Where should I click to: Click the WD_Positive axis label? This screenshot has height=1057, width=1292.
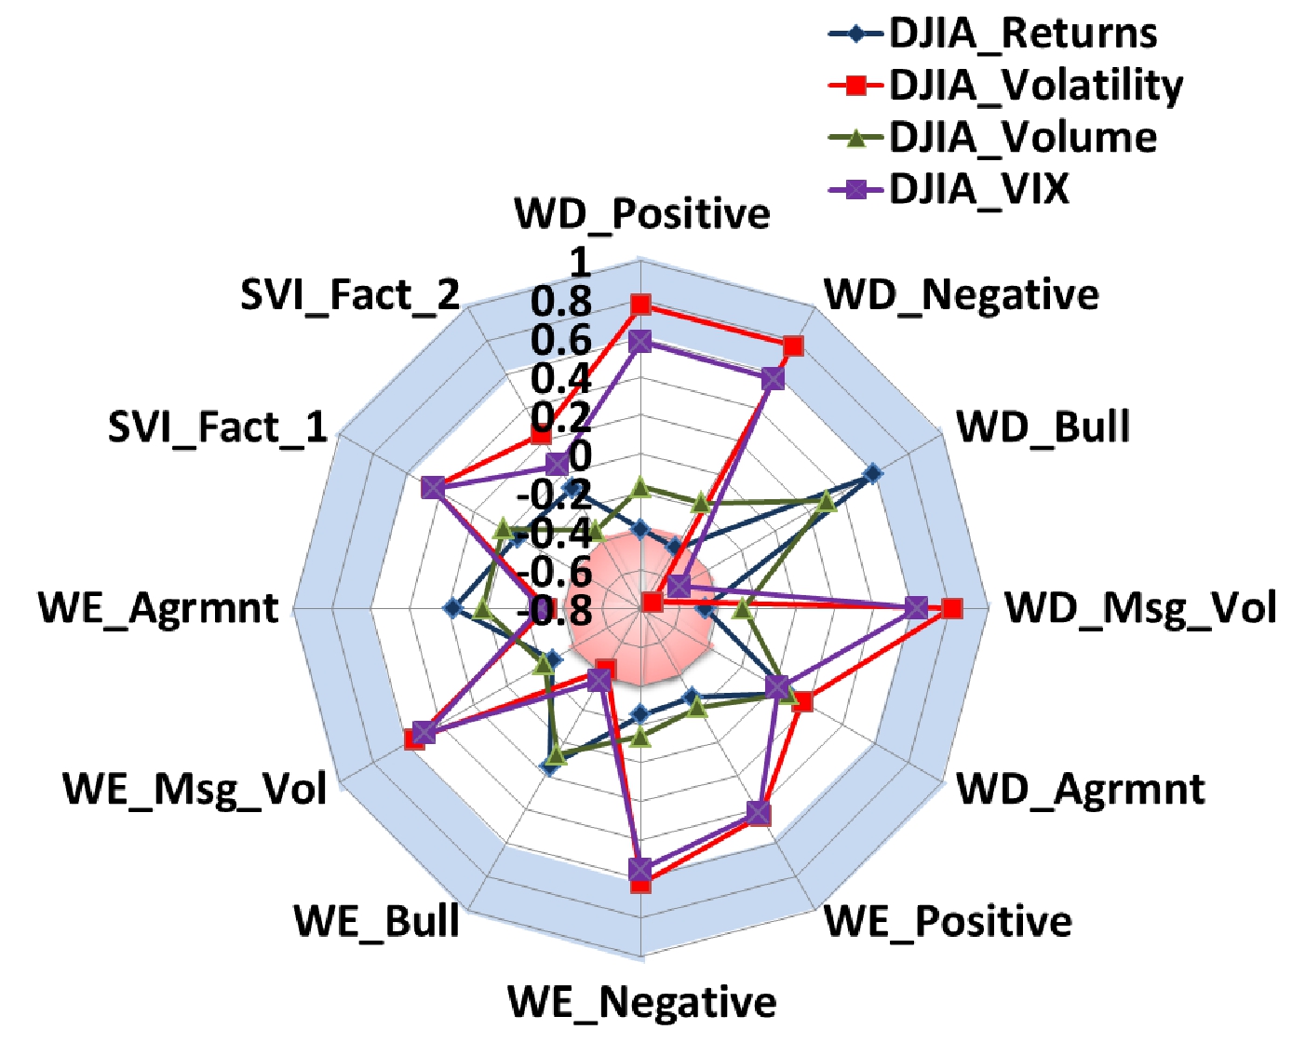click(642, 214)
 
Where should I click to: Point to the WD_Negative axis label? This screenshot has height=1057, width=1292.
click(962, 295)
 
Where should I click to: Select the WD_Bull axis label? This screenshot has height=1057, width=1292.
click(1043, 427)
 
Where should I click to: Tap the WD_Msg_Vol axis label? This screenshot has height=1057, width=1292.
click(1140, 608)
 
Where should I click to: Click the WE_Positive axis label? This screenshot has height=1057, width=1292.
click(949, 921)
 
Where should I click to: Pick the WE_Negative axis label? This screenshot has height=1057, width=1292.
click(642, 1002)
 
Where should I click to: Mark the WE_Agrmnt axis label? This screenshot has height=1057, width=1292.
click(158, 608)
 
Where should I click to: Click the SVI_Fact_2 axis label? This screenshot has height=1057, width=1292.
click(350, 295)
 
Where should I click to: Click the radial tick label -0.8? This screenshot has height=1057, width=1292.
click(555, 611)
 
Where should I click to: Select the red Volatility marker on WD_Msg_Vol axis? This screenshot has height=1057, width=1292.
click(951, 609)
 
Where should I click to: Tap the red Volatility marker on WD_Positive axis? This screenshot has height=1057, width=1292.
click(640, 305)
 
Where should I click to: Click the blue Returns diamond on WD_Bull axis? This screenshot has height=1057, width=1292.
click(872, 474)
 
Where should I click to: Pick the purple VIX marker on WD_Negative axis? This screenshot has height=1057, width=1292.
click(773, 379)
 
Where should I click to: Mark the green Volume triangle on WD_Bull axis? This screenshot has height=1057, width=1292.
click(825, 503)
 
